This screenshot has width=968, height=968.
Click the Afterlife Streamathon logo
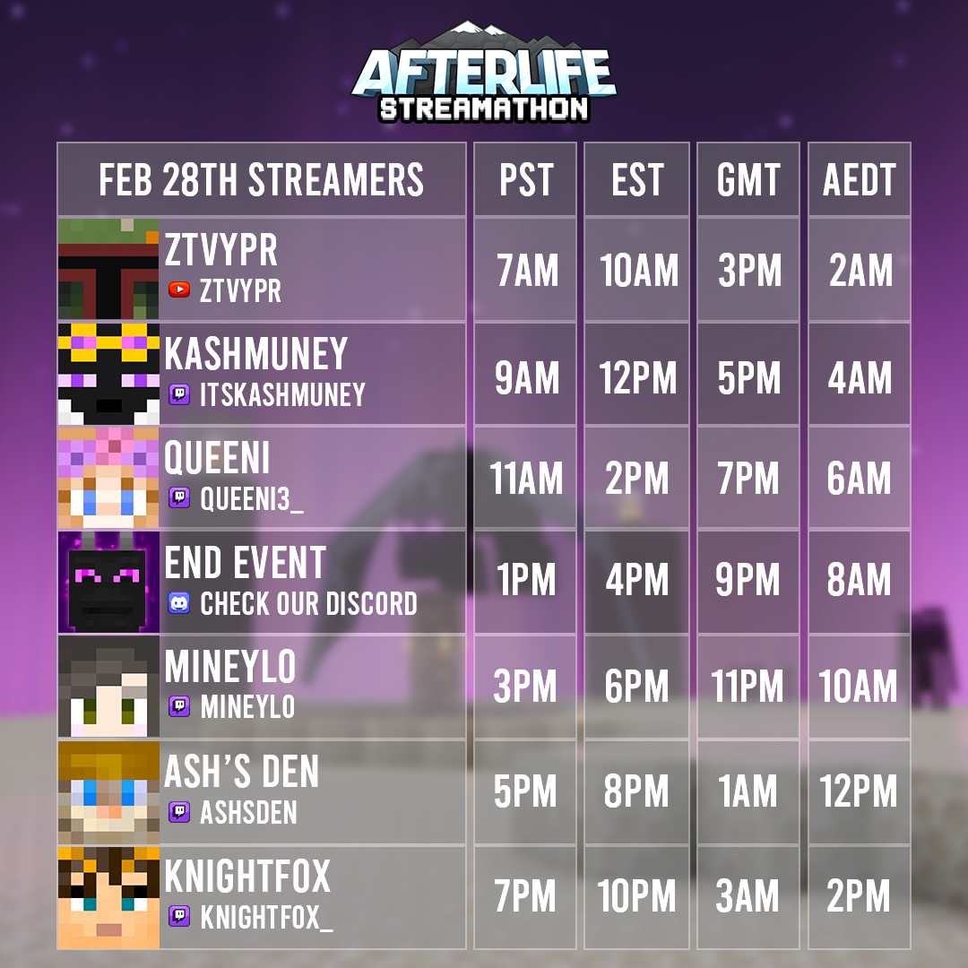[x=484, y=74]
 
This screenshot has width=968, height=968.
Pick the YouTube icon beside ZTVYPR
[x=179, y=290]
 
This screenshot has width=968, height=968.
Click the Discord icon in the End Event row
[x=179, y=603]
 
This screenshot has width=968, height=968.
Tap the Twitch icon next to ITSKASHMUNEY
[x=179, y=394]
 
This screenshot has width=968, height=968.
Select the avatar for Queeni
[x=108, y=478]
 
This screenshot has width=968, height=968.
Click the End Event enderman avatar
[x=108, y=582]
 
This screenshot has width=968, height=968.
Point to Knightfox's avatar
[x=108, y=897]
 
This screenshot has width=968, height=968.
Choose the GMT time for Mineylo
[x=748, y=687]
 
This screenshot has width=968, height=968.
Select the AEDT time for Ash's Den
[x=859, y=792]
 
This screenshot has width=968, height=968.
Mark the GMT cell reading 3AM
[x=748, y=897]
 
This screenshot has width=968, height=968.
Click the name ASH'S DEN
[x=242, y=772]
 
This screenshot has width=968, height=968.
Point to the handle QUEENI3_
[x=252, y=498]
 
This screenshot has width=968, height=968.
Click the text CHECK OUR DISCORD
[x=308, y=603]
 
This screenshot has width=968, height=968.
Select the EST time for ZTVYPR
[x=638, y=272]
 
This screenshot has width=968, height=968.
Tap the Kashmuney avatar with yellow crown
[x=108, y=374]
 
